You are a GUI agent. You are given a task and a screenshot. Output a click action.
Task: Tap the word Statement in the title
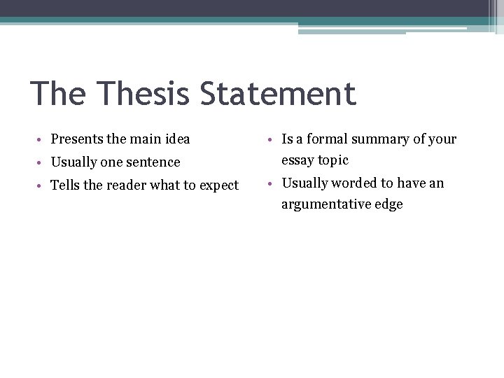tap(278, 94)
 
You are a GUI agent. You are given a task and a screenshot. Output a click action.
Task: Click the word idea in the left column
tap(176, 139)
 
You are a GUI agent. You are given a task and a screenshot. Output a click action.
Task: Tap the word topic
tap(333, 161)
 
